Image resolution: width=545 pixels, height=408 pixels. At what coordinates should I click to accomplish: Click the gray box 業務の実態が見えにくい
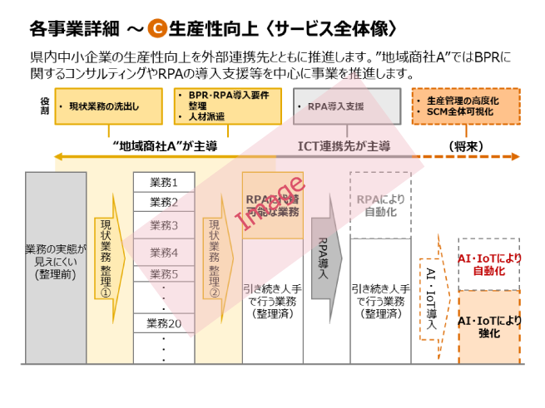[55, 262]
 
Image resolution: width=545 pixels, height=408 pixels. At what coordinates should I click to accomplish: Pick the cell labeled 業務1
[164, 182]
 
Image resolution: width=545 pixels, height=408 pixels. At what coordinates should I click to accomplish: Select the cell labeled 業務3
[164, 225]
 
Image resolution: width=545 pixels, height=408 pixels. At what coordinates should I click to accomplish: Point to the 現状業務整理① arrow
[107, 258]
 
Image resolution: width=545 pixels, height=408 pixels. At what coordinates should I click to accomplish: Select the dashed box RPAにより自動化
[380, 205]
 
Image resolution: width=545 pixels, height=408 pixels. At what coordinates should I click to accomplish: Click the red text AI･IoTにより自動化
[489, 264]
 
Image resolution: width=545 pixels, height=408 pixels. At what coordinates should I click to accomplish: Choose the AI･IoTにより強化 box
[489, 327]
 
